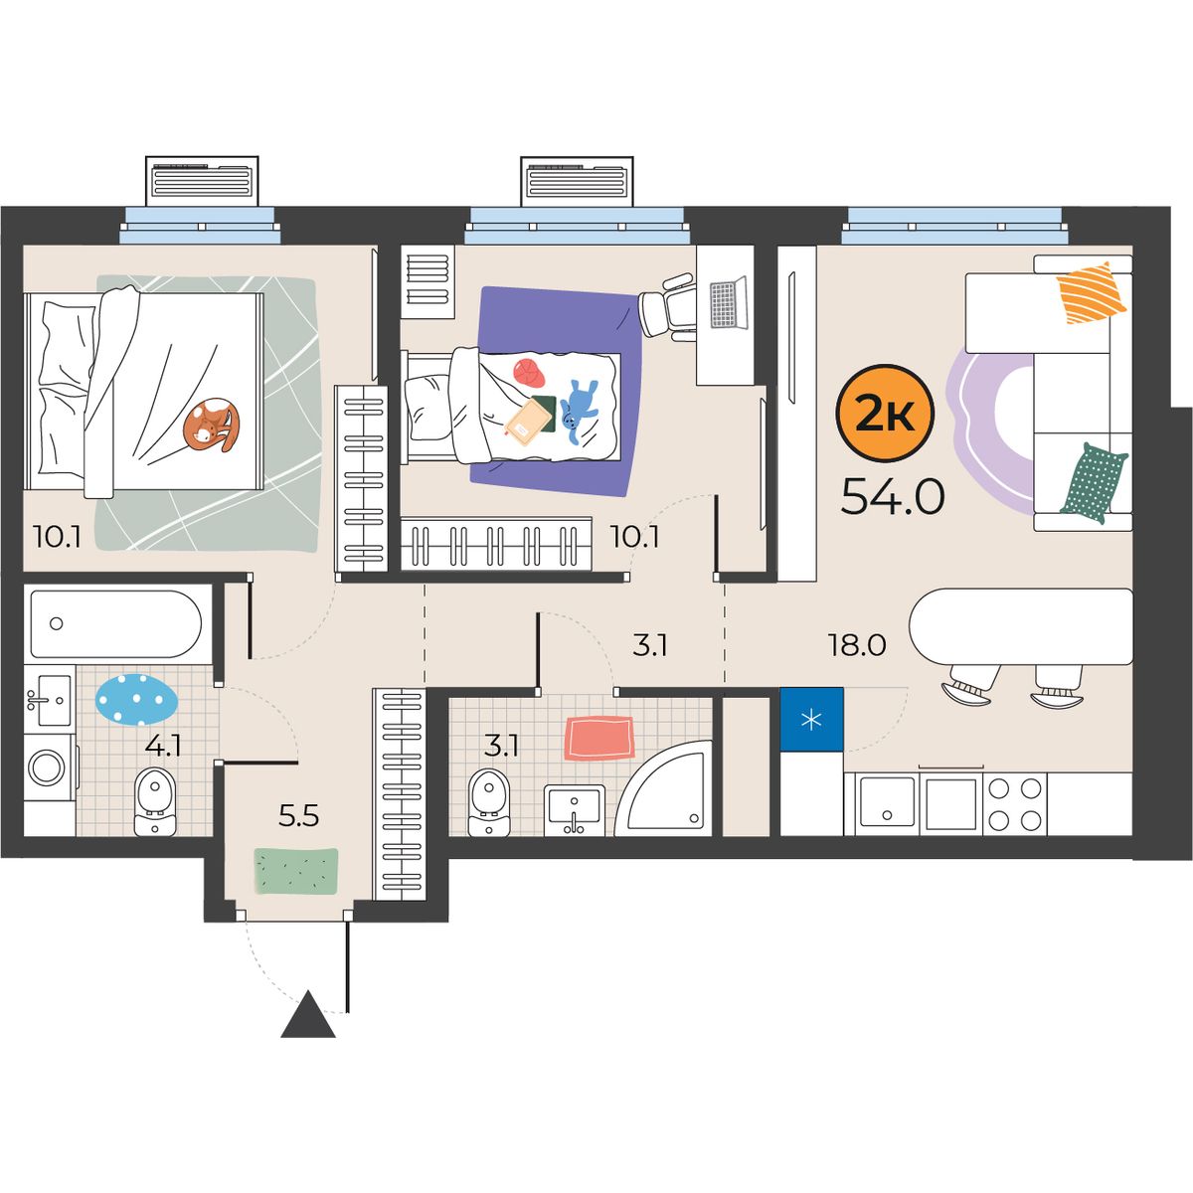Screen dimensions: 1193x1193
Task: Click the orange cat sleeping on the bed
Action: (211, 425)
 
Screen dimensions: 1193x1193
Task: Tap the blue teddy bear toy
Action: (579, 411)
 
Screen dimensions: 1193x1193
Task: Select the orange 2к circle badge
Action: (885, 413)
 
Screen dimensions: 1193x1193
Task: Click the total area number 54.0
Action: (892, 497)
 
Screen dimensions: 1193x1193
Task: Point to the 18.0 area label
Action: (857, 646)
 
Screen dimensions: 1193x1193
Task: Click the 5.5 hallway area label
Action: (298, 817)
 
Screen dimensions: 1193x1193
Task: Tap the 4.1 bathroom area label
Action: (163, 746)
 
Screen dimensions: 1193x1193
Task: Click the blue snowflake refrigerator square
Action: (811, 720)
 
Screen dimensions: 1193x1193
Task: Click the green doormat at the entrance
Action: (296, 871)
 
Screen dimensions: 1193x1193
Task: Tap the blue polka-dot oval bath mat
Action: (137, 699)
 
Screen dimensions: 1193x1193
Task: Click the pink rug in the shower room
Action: (599, 738)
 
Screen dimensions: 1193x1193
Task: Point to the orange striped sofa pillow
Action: (1092, 292)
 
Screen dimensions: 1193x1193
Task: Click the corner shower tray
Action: (664, 788)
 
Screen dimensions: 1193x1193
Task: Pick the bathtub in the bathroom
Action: (115, 624)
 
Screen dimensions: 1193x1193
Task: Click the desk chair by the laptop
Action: (666, 306)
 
